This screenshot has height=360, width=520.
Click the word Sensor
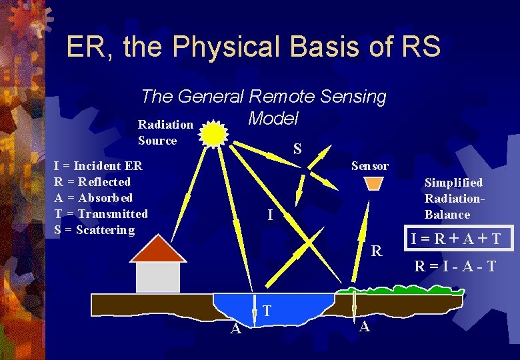[370, 166]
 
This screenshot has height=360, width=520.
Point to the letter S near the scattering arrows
[297, 149]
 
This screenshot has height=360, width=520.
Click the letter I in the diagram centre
[269, 215]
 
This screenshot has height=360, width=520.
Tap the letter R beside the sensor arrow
[377, 251]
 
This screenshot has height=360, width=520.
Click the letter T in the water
[266, 311]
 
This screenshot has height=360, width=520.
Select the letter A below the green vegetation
[364, 327]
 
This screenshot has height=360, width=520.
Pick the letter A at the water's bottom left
[235, 329]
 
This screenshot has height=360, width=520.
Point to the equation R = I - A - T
[455, 266]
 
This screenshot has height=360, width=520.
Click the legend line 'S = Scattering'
[94, 230]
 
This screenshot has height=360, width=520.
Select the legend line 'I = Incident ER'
[98, 166]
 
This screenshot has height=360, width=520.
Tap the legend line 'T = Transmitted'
[101, 214]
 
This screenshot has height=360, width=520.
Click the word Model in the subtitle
[273, 119]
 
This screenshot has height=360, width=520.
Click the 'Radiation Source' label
[165, 133]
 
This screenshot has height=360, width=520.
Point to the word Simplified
[453, 183]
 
